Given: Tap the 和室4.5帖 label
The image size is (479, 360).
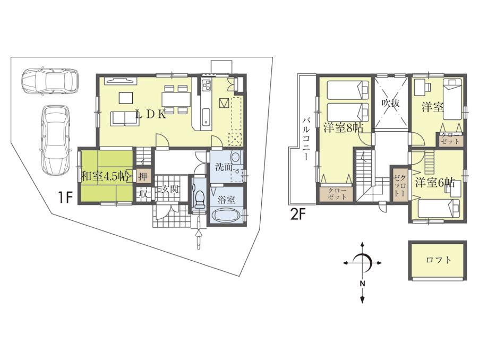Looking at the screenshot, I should pyautogui.click(x=105, y=176).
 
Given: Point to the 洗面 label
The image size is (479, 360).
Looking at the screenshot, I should pyautogui.click(x=223, y=167).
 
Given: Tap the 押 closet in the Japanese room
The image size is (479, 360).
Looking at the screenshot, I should pyautogui.click(x=141, y=176).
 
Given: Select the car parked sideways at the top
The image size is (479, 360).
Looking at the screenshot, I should pyautogui.click(x=49, y=81).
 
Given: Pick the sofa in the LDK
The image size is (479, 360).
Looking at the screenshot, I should pyautogui.click(x=125, y=118).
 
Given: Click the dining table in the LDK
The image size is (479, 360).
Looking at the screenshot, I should pyautogui.click(x=176, y=99).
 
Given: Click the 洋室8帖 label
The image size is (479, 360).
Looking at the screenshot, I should pyautogui.click(x=343, y=128).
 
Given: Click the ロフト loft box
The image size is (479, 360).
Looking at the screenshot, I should pyautogui.click(x=439, y=260).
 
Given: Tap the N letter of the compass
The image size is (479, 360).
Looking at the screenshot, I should pyautogui.click(x=362, y=283).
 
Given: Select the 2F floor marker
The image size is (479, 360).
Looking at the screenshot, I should pyautogui.click(x=298, y=216).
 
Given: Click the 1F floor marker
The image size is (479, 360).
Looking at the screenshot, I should pyautogui.click(x=65, y=198).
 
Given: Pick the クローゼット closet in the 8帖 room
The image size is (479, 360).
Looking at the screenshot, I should pyautogui.click(x=338, y=193).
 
